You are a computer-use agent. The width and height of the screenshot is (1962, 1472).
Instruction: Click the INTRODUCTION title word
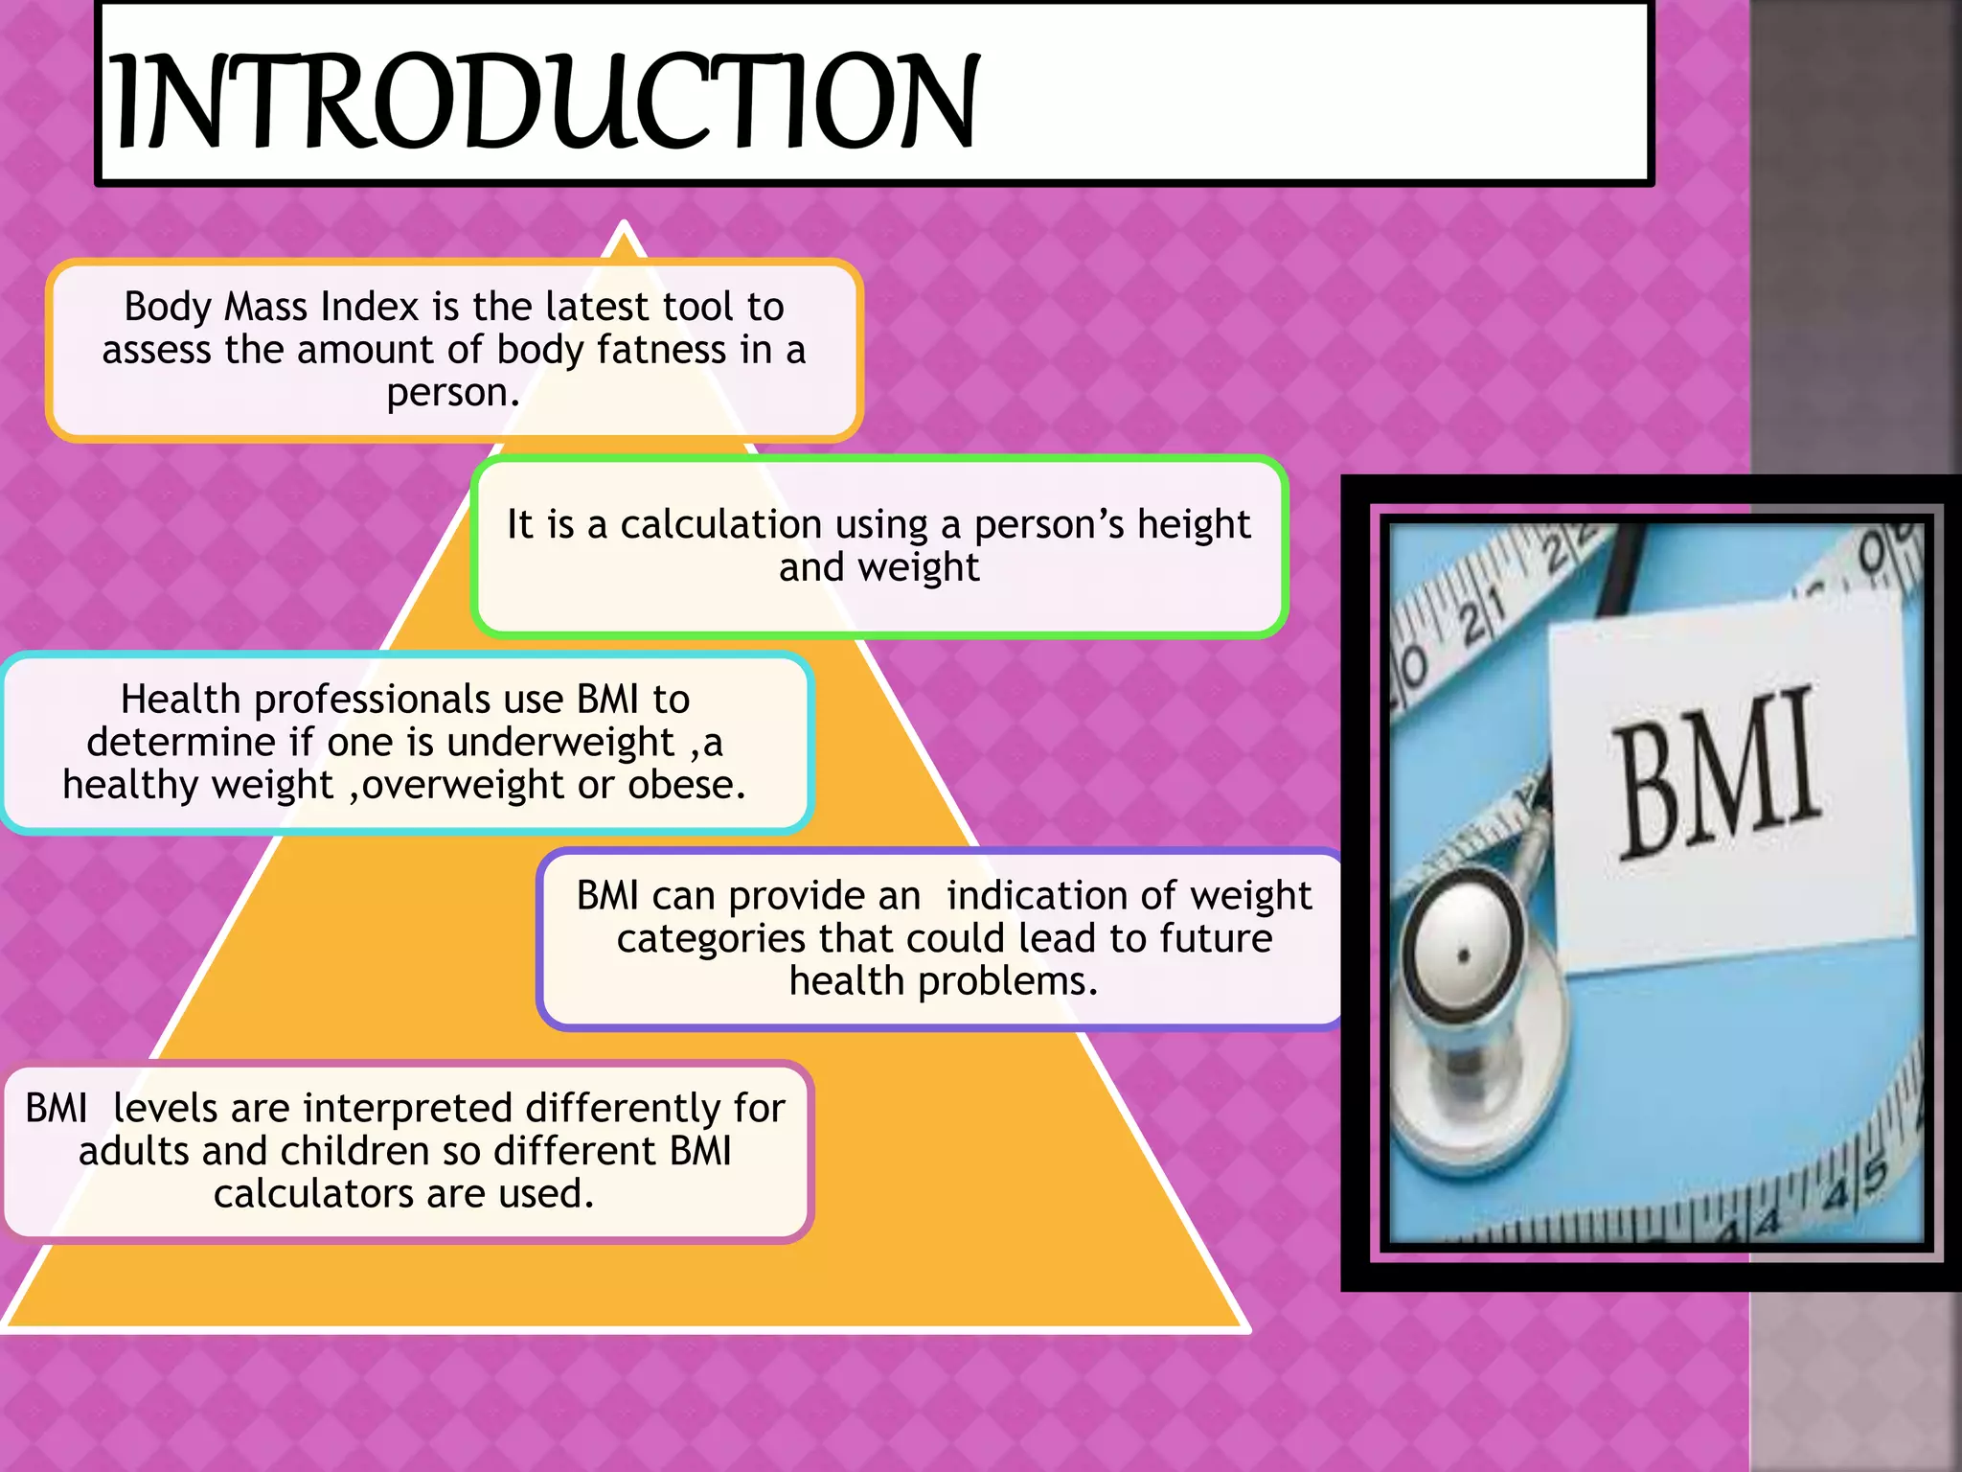coord(544,102)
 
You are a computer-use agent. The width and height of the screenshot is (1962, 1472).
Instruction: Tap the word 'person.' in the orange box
coord(452,393)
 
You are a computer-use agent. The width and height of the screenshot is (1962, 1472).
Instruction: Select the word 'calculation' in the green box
coord(720,524)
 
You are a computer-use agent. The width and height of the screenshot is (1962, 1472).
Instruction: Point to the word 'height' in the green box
coord(1193,524)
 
